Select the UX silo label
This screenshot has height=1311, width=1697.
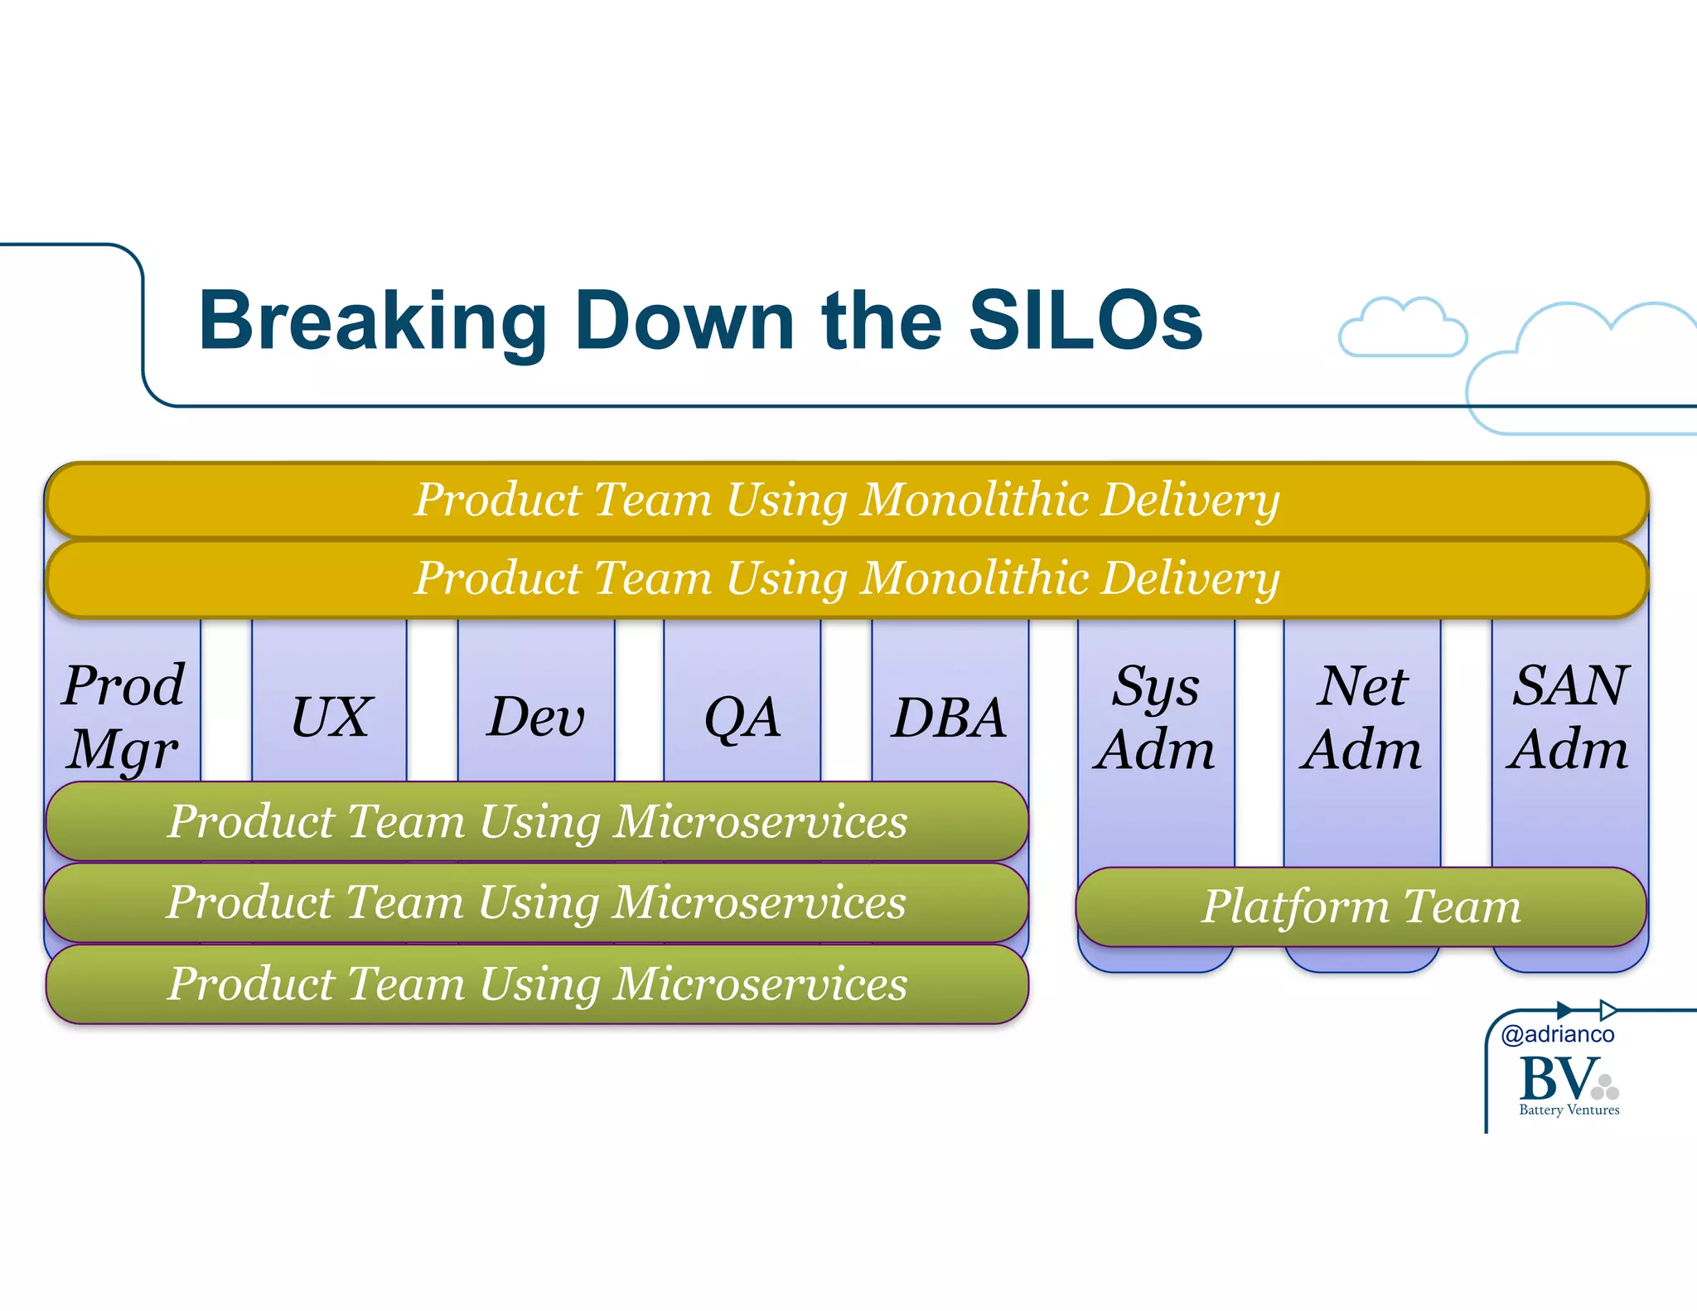coord(330,717)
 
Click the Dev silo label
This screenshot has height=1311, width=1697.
coord(536,717)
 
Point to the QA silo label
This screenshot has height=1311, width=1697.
coord(742,717)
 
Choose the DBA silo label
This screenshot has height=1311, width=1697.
coord(950,717)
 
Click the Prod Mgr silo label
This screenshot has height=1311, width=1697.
coord(123,717)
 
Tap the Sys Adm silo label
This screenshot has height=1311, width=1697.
coord(1155,717)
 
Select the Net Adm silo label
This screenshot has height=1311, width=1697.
coord(1361,717)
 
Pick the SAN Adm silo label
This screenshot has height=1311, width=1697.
coord(1569,717)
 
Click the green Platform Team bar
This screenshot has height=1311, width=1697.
coord(1361,907)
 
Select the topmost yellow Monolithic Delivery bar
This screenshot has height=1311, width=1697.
coord(847,500)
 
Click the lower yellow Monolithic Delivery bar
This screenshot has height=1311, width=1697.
coord(847,578)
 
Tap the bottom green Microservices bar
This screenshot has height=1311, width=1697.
coord(537,984)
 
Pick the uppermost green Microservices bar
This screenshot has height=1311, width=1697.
coord(537,821)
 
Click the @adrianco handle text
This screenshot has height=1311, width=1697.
coord(1558,1034)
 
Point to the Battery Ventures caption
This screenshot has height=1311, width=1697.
coord(1569,1110)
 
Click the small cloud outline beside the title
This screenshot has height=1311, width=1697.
coord(1402,329)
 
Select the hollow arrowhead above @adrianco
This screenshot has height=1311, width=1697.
coord(1608,1009)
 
